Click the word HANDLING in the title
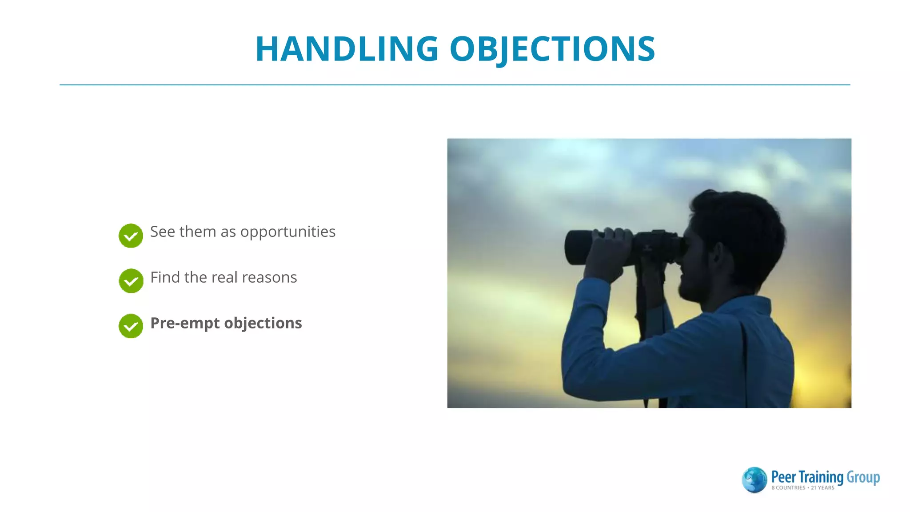pyautogui.click(x=347, y=49)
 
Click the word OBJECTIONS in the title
pyautogui.click(x=552, y=49)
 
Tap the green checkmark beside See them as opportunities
pyautogui.click(x=131, y=236)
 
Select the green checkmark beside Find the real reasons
pyautogui.click(x=131, y=281)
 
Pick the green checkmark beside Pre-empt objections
pyautogui.click(x=131, y=326)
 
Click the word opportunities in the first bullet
pyautogui.click(x=288, y=232)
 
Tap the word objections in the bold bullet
pyautogui.click(x=263, y=323)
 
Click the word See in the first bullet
pyautogui.click(x=163, y=232)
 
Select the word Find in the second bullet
pyautogui.click(x=165, y=277)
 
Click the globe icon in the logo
pyautogui.click(x=754, y=480)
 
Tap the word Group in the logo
pyautogui.click(x=863, y=477)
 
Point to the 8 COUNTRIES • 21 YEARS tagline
pyautogui.click(x=802, y=488)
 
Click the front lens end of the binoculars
pyautogui.click(x=573, y=248)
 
